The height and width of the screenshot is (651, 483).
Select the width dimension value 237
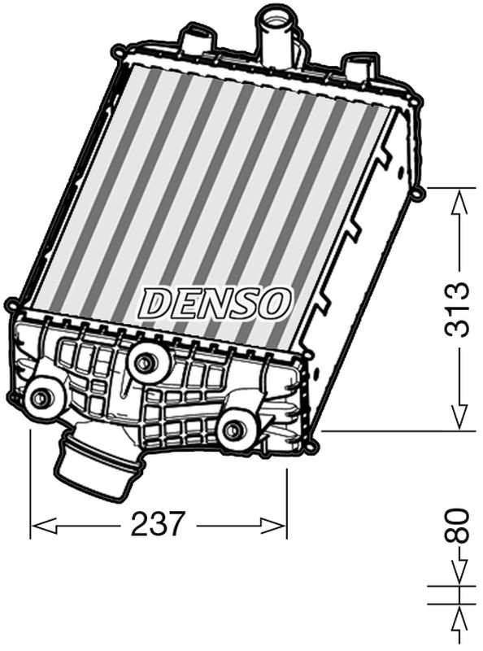[159, 525]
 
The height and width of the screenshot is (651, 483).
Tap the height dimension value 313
[459, 309]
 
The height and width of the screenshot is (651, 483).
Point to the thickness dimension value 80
[459, 526]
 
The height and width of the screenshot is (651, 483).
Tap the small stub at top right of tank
[357, 64]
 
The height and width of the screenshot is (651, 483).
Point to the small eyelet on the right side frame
[418, 194]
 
